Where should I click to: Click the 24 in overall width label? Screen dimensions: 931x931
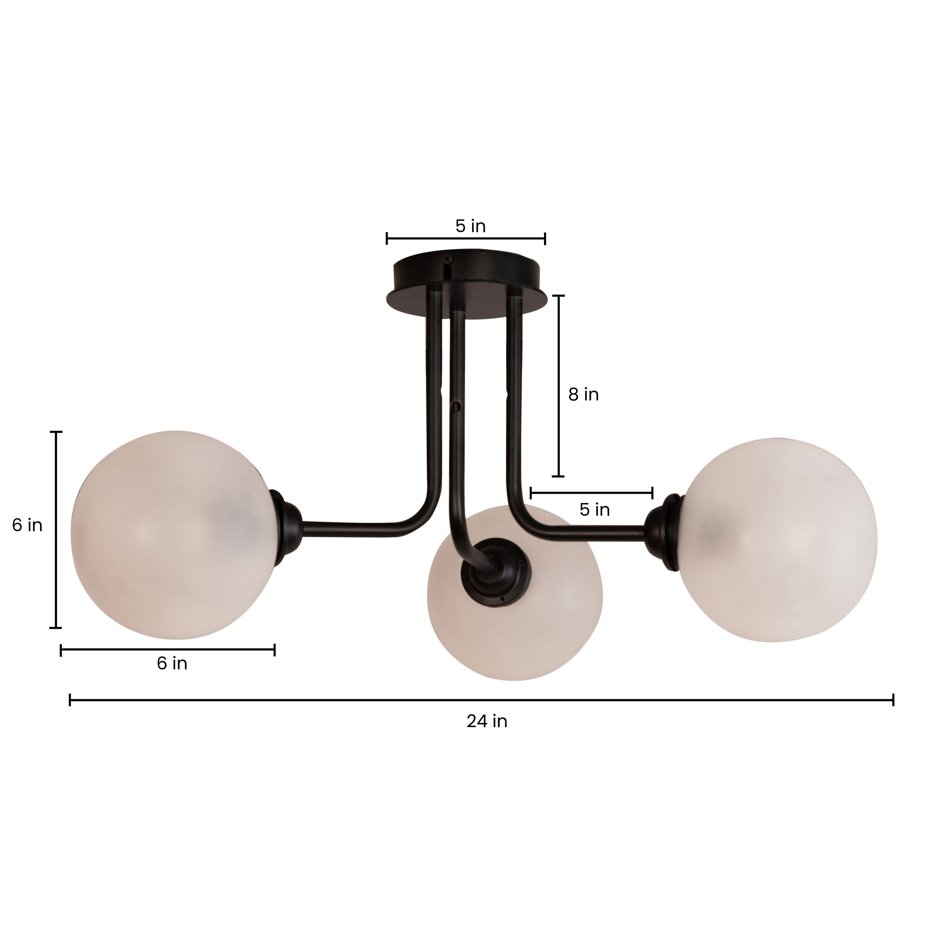pos(487,722)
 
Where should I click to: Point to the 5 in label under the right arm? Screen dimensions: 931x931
pos(595,510)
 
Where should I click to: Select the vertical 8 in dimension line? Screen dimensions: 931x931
pos(559,385)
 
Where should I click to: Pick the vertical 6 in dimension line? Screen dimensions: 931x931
pos(56,530)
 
